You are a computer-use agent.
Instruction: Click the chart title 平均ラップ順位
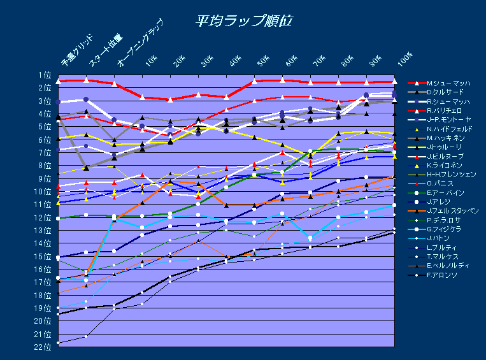click(x=243, y=20)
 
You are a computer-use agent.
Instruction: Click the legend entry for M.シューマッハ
click(x=448, y=83)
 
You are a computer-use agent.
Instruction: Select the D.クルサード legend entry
click(x=447, y=92)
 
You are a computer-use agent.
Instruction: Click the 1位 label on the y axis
click(x=45, y=75)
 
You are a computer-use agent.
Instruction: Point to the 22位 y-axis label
click(x=43, y=347)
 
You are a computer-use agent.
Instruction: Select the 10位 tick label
click(x=43, y=192)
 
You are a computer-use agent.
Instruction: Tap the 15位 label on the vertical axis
click(x=43, y=257)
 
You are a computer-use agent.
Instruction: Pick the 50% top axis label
click(x=262, y=61)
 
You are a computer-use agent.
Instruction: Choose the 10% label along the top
click(x=152, y=61)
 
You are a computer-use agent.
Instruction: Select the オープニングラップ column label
click(x=140, y=43)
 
